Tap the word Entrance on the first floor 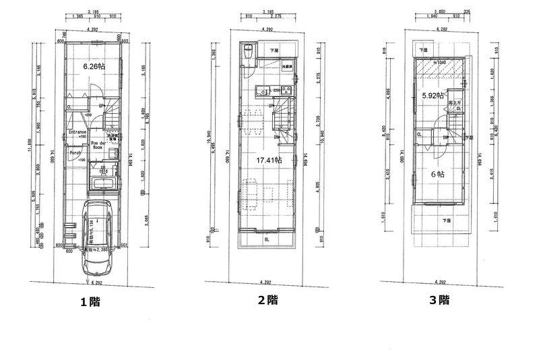pos(79,132)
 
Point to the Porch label pos(75,152)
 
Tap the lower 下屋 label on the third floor pos(445,220)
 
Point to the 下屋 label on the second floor pos(274,51)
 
